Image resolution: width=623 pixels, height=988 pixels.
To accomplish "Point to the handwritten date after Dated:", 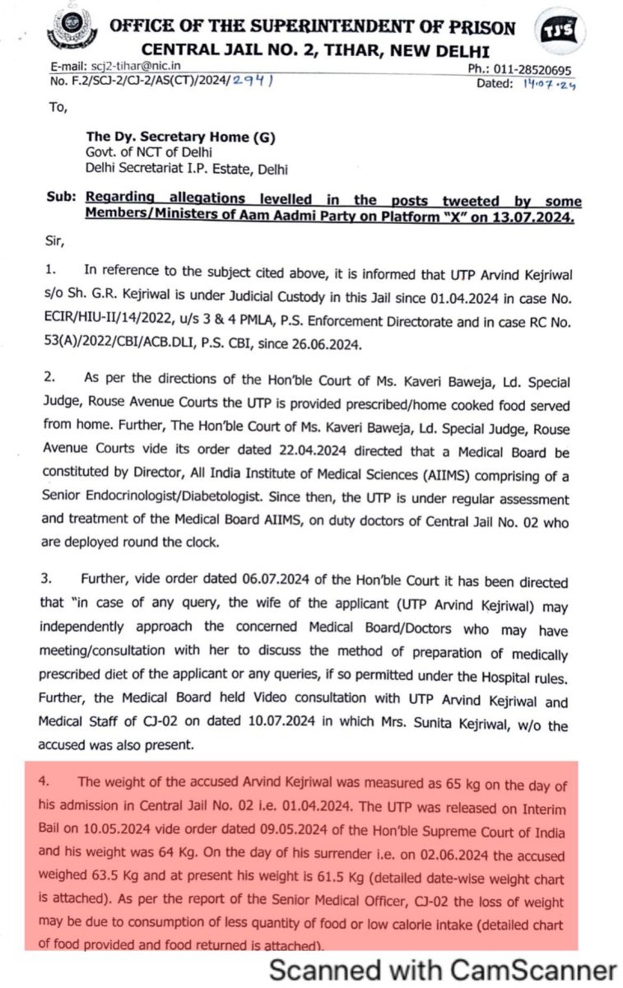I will [x=546, y=84].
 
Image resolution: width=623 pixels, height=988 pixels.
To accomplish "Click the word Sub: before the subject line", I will [x=61, y=200].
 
